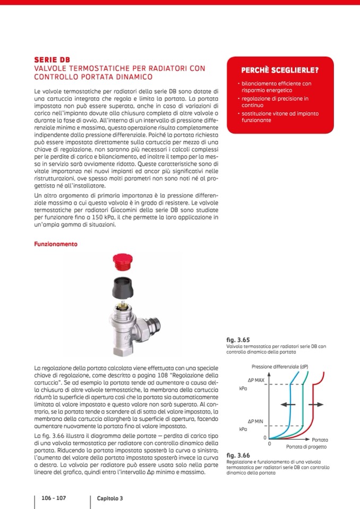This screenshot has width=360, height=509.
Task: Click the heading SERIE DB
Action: click(x=52, y=59)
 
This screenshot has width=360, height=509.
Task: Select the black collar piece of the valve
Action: click(x=125, y=286)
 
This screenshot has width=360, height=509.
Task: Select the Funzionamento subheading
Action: click(x=56, y=244)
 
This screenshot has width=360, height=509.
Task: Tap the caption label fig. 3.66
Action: click(x=237, y=455)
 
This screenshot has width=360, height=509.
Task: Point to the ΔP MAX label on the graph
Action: click(x=255, y=380)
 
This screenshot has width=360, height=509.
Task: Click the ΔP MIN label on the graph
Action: click(x=255, y=420)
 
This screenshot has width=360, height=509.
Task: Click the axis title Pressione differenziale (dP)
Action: click(x=280, y=367)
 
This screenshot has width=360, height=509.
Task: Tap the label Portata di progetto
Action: click(x=306, y=447)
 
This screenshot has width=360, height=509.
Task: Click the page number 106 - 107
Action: click(x=54, y=498)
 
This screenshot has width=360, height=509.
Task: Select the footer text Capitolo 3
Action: click(x=110, y=498)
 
